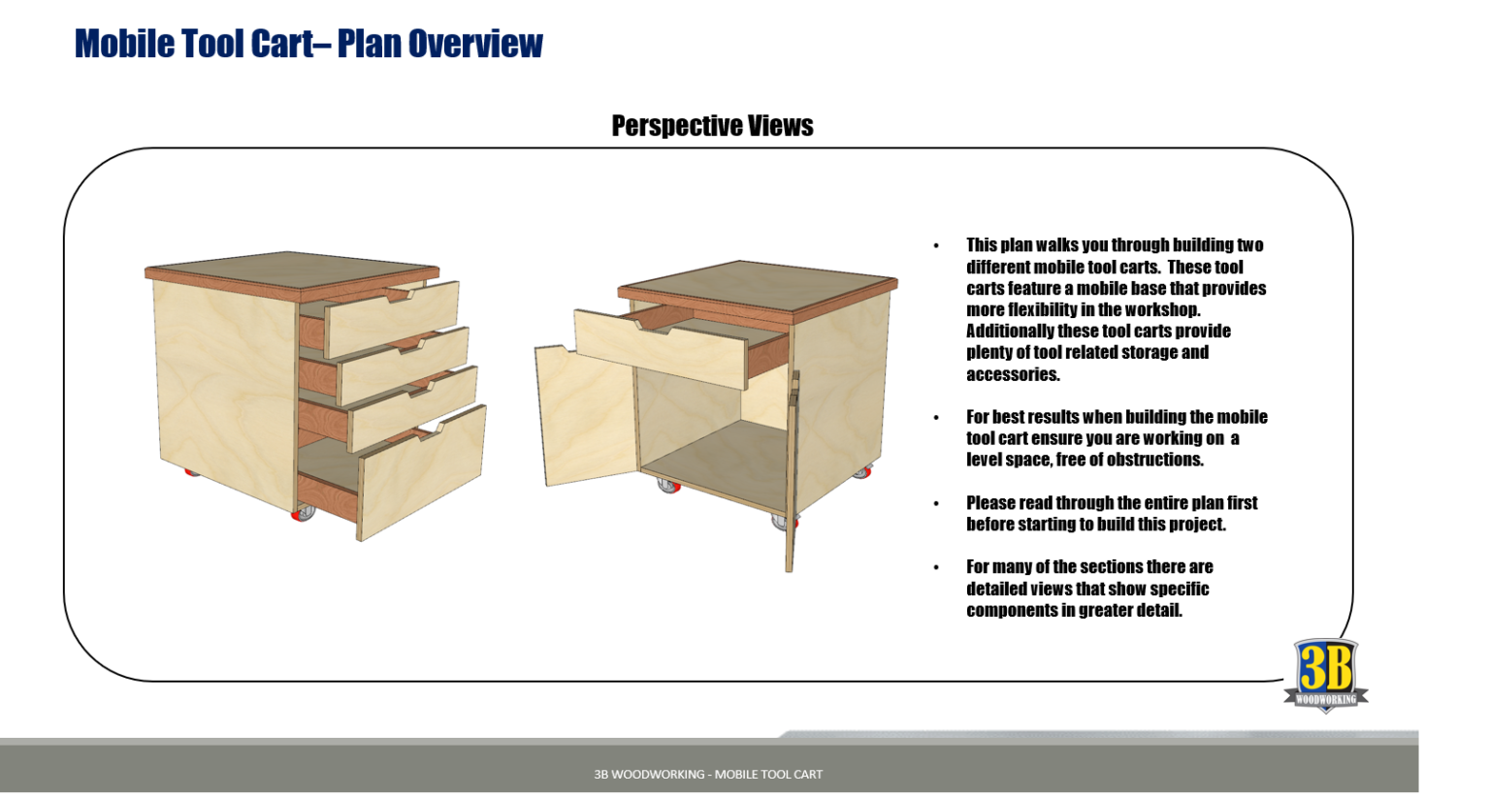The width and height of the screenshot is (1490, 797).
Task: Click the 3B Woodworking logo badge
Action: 1325,675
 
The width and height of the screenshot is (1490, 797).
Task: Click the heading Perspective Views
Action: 712,126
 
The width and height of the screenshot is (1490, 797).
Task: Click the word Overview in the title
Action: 475,44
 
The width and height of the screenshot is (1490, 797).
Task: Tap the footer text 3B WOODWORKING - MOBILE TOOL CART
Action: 708,774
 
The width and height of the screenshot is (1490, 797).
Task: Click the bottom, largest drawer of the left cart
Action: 423,472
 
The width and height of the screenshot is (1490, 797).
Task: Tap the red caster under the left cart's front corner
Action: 303,513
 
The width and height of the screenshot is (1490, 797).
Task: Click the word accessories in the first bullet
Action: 1013,374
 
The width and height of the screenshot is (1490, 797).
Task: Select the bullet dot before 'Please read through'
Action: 936,503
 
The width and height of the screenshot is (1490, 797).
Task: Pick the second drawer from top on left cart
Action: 403,367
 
